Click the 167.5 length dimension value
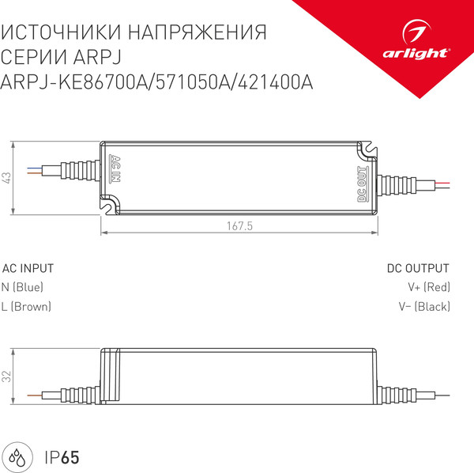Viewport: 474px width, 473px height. click(239, 225)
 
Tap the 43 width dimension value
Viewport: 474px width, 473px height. click(7, 178)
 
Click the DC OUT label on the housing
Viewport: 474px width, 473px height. click(362, 183)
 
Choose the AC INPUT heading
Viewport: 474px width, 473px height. click(28, 268)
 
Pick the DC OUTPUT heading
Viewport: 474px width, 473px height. click(418, 268)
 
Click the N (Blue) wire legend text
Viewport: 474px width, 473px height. click(23, 287)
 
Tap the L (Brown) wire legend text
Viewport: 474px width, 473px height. click(27, 306)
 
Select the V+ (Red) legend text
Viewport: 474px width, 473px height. click(428, 287)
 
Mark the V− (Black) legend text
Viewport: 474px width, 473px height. click(423, 306)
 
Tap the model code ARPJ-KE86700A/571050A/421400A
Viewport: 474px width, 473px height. click(158, 82)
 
